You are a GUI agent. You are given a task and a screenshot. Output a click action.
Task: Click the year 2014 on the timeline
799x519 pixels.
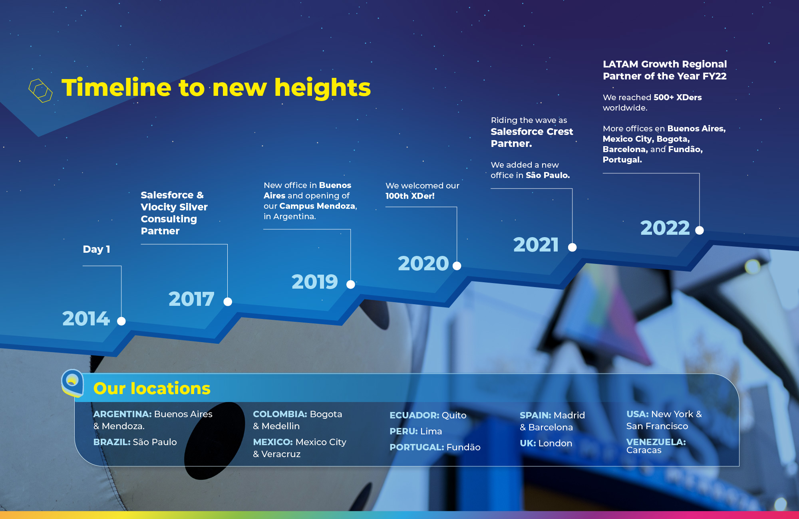click(x=86, y=319)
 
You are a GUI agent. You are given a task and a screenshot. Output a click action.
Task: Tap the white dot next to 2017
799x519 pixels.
click(x=228, y=302)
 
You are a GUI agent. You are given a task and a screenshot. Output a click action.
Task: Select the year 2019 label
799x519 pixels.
click(x=315, y=282)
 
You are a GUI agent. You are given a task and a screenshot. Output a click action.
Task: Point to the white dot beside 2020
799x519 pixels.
click(x=457, y=266)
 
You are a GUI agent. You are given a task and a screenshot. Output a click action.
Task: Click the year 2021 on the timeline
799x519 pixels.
click(x=536, y=245)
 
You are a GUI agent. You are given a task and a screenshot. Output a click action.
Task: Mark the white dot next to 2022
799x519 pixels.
click(x=700, y=230)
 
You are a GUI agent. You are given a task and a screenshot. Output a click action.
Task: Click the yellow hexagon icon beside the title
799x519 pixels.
click(x=40, y=91)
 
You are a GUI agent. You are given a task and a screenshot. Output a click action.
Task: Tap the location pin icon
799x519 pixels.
click(x=72, y=383)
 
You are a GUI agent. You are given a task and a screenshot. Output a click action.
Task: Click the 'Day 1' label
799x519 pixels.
click(x=96, y=249)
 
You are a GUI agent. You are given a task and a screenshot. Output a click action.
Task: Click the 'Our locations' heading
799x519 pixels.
click(x=152, y=388)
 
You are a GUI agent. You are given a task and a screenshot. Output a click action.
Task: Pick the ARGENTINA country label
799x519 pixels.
click(x=122, y=414)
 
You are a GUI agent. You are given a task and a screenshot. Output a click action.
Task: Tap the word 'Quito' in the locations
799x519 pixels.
click(x=454, y=416)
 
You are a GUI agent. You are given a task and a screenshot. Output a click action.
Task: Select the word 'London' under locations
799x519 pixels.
click(x=555, y=443)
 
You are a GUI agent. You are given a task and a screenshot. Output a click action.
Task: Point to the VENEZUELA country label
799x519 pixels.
click(x=656, y=442)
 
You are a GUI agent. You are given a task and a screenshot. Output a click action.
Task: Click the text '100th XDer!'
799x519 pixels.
click(x=410, y=196)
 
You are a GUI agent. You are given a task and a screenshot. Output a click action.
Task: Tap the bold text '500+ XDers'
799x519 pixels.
click(x=678, y=97)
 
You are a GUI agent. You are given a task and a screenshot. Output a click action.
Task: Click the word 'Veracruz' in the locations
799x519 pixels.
click(x=281, y=454)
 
